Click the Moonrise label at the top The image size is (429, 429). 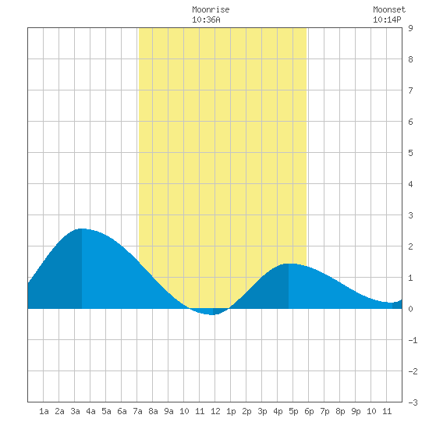(x=211, y=9)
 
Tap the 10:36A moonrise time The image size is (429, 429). (x=206, y=19)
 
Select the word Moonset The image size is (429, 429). (x=389, y=9)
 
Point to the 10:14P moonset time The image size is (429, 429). (x=387, y=19)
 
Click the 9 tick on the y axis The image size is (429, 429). (x=410, y=28)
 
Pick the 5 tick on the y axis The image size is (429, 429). (x=410, y=153)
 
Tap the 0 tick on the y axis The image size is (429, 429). (x=410, y=309)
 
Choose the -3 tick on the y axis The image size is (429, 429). (x=413, y=402)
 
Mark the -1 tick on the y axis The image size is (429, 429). (x=413, y=340)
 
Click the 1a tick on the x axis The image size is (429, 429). (x=44, y=411)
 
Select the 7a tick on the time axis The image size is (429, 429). (x=137, y=411)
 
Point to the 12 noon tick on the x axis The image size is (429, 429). (x=215, y=411)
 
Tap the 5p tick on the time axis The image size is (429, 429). (x=293, y=411)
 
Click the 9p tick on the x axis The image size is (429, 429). (x=356, y=411)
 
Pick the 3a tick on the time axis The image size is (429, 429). (x=75, y=411)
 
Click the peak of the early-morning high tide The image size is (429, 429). (x=82, y=229)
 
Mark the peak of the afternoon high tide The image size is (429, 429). (x=289, y=264)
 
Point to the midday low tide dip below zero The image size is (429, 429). (x=213, y=314)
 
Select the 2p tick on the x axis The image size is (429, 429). (x=246, y=411)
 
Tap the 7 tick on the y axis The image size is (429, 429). (x=410, y=90)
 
